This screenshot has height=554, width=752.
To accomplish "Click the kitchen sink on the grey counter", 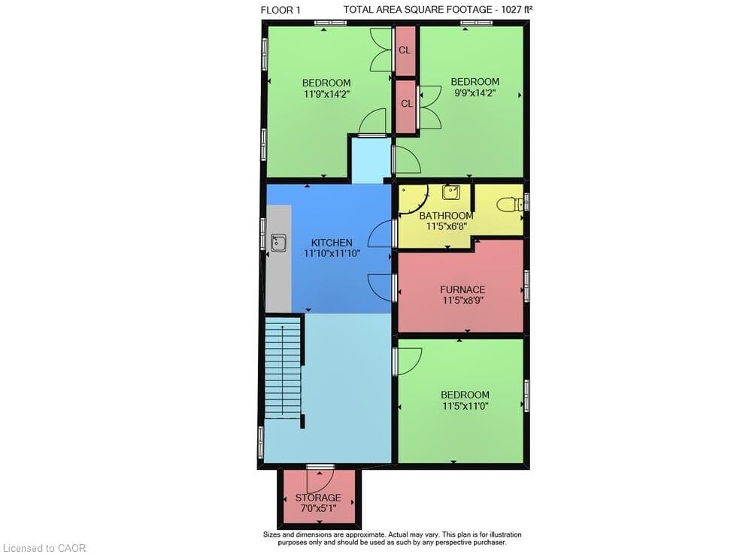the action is tap(279, 243).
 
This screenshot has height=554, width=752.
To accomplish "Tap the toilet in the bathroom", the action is tap(509, 204).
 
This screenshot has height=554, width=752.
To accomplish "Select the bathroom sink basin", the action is tap(450, 192).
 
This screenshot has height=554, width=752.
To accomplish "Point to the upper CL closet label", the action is tap(405, 50).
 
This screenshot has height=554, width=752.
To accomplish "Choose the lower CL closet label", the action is tap(407, 104).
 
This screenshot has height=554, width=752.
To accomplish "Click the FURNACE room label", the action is tap(462, 289).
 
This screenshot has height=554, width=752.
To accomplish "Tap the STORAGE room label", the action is tap(318, 498).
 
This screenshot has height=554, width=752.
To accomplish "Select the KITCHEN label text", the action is tap(332, 243).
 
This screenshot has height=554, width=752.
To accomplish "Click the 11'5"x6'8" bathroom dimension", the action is tap(447, 226).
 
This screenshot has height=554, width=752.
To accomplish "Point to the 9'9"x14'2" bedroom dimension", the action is tap(475, 93).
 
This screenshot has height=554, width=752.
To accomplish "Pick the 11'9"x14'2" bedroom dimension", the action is tap(326, 94).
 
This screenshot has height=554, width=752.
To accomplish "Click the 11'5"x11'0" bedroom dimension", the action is tap(465, 407).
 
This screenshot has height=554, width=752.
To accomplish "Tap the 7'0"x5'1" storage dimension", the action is tap(318, 508).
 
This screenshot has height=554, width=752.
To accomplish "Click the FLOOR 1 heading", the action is tap(280, 10).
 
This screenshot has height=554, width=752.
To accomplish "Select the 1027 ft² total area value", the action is tap(517, 9).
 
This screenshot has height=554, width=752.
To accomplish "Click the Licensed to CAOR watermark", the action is tap(44, 548).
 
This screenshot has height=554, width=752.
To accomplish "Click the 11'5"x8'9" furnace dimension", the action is tap(462, 301).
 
